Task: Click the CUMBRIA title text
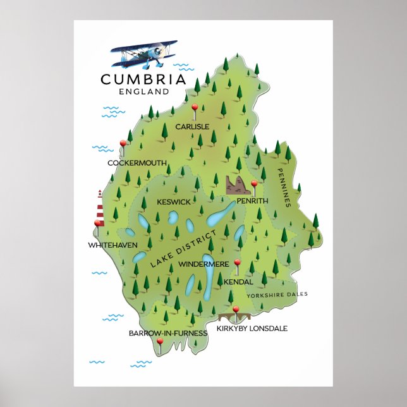click(x=143, y=80)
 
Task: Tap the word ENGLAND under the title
click(x=143, y=91)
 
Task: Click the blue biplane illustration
click(x=144, y=54)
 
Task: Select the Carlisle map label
click(x=192, y=126)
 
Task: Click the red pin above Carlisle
click(x=195, y=108)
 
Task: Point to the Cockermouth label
click(x=137, y=163)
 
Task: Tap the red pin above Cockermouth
click(x=123, y=144)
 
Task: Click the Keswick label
click(x=173, y=202)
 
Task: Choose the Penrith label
click(x=252, y=200)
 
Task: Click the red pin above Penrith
click(x=254, y=185)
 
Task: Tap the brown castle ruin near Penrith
click(x=238, y=185)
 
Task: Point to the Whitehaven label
click(x=112, y=244)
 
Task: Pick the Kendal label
click(x=238, y=281)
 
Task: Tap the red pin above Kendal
click(x=238, y=263)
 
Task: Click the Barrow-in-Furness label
click(x=159, y=332)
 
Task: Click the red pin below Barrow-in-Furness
click(x=160, y=342)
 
